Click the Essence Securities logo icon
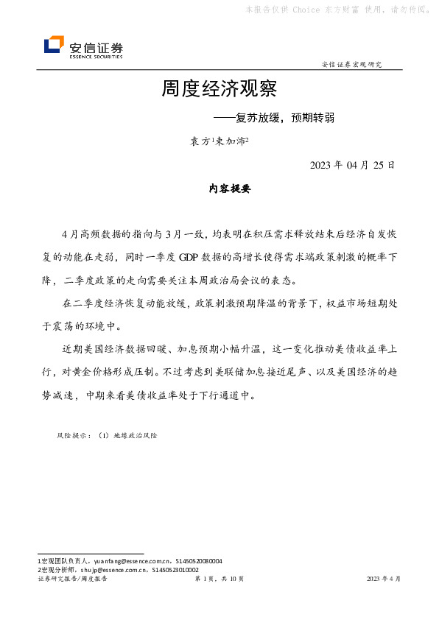54,45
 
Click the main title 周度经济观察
219,90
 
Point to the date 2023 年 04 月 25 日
352,165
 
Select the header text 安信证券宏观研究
352,65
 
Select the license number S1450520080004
196,561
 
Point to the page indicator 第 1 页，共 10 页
219,580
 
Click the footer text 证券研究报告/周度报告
72,580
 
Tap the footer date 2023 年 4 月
384,580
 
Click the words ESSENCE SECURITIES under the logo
96,56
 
